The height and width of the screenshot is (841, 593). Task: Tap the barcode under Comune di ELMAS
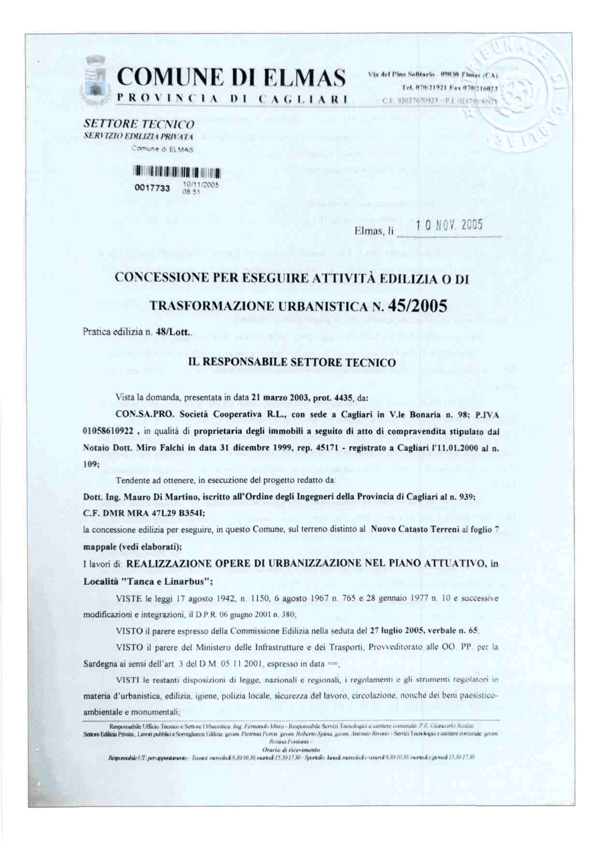tap(177, 171)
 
